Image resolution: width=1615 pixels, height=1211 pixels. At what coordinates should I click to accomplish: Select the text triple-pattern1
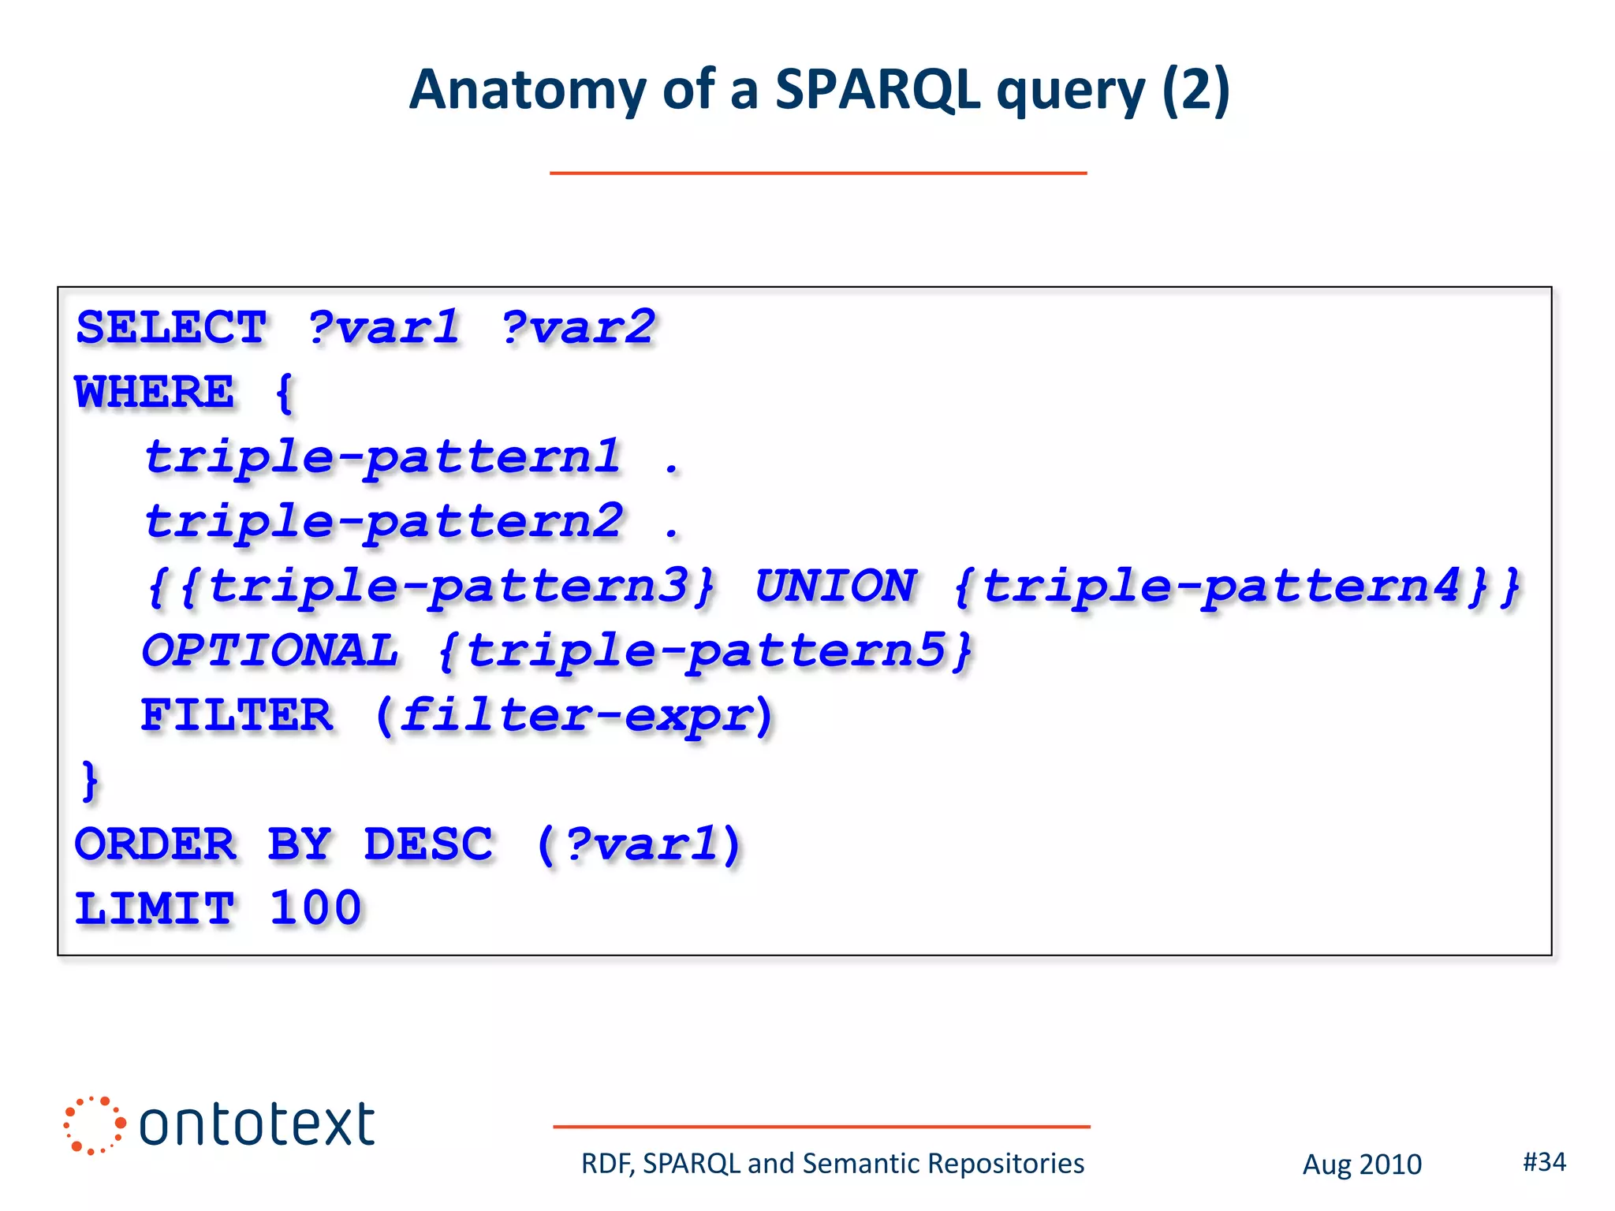click(x=382, y=457)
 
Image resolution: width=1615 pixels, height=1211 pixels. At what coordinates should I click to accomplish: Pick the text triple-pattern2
click(x=384, y=522)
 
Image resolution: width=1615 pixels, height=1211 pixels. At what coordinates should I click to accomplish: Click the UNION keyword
click(x=836, y=587)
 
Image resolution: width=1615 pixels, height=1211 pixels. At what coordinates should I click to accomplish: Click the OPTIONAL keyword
click(x=270, y=651)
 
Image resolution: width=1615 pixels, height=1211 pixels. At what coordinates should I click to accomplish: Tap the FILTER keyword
click(x=237, y=716)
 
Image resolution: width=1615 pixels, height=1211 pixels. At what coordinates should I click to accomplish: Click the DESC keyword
click(x=428, y=844)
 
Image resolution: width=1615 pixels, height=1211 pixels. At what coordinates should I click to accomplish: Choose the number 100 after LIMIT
click(x=315, y=908)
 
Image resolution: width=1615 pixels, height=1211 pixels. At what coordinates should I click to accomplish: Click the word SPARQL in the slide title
click(x=877, y=90)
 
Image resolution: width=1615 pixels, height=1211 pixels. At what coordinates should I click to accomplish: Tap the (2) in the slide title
click(x=1195, y=90)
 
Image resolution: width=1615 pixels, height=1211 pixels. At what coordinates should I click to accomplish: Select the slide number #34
click(x=1544, y=1161)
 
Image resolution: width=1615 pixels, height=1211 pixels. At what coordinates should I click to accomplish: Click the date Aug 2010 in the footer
click(x=1362, y=1164)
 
